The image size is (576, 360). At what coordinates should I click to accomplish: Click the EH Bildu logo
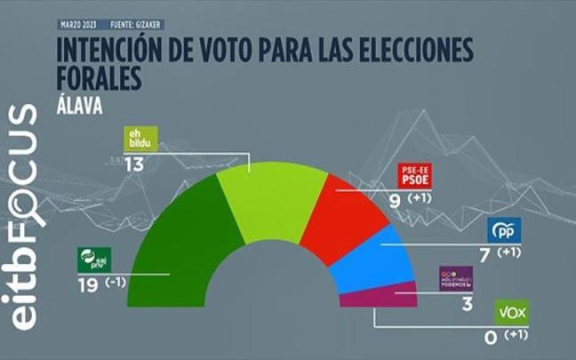[141, 138]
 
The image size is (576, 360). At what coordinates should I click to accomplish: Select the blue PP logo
[506, 230]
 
